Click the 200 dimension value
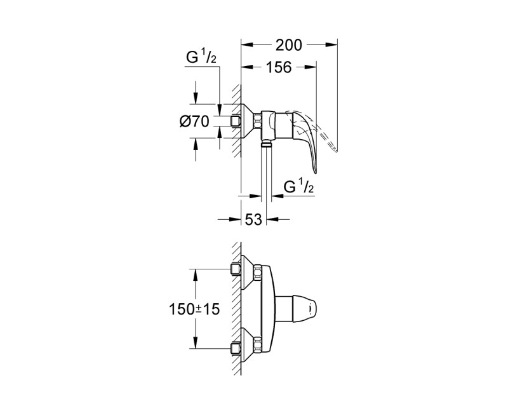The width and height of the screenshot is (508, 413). pos(290,45)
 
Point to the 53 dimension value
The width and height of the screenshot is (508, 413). pos(253,220)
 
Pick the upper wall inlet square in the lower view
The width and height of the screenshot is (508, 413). pos(236,269)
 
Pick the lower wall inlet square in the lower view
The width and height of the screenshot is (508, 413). pos(236,348)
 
